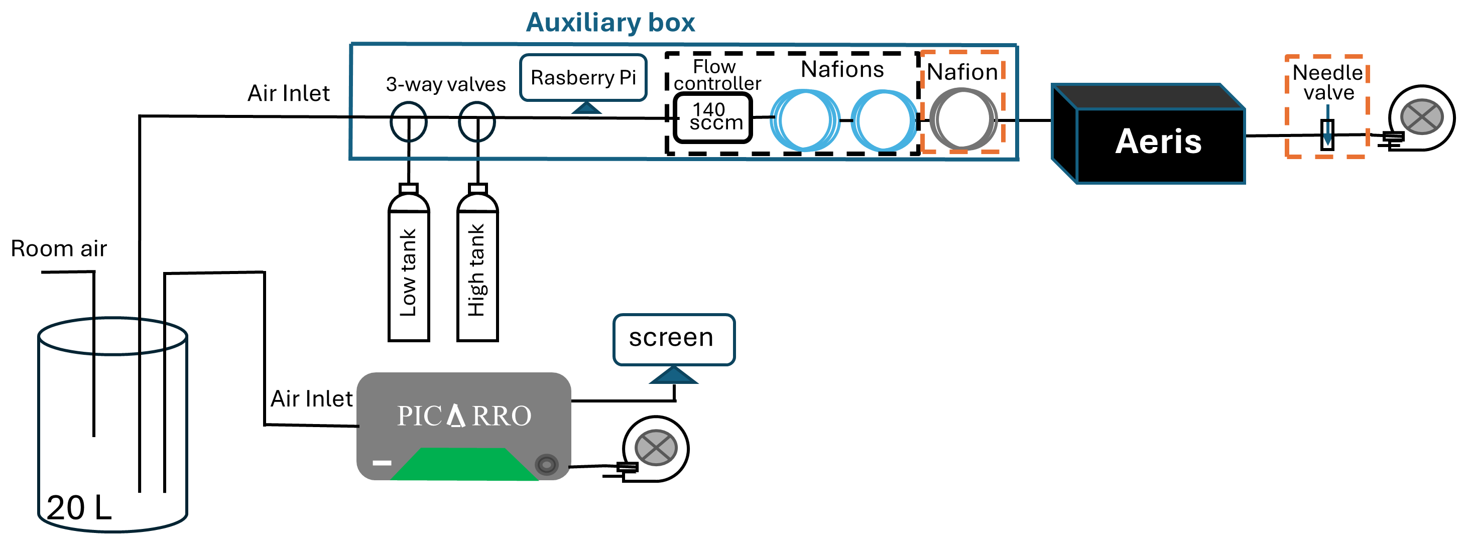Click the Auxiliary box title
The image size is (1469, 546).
[610, 23]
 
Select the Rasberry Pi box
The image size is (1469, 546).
[583, 77]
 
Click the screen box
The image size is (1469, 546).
[673, 339]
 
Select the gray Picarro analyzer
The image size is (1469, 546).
[463, 416]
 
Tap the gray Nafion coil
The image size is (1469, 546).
[962, 119]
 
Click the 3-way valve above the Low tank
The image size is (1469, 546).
[408, 121]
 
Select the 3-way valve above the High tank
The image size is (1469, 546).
[477, 121]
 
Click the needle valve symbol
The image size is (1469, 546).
[1327, 135]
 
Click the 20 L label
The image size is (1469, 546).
[79, 507]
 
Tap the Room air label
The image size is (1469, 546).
[59, 249]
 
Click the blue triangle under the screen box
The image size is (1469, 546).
[673, 375]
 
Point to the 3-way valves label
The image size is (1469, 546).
[445, 84]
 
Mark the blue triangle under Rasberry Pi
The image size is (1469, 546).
[586, 108]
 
